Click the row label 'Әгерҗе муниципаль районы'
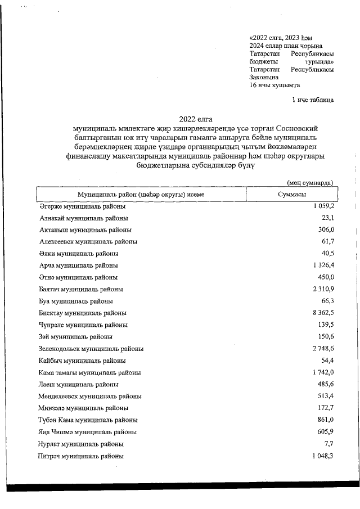coord(82,206)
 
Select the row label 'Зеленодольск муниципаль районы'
coord(91,349)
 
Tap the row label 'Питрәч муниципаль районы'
coord(81,456)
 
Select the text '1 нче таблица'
coord(312,100)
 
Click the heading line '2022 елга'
coord(192,119)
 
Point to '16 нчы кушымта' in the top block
coord(274,85)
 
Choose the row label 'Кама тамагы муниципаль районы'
coord(90,372)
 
